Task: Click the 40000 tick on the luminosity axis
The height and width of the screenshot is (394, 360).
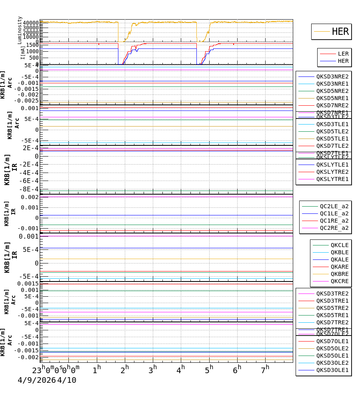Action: point(31,23)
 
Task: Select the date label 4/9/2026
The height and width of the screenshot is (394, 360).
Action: point(36,380)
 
